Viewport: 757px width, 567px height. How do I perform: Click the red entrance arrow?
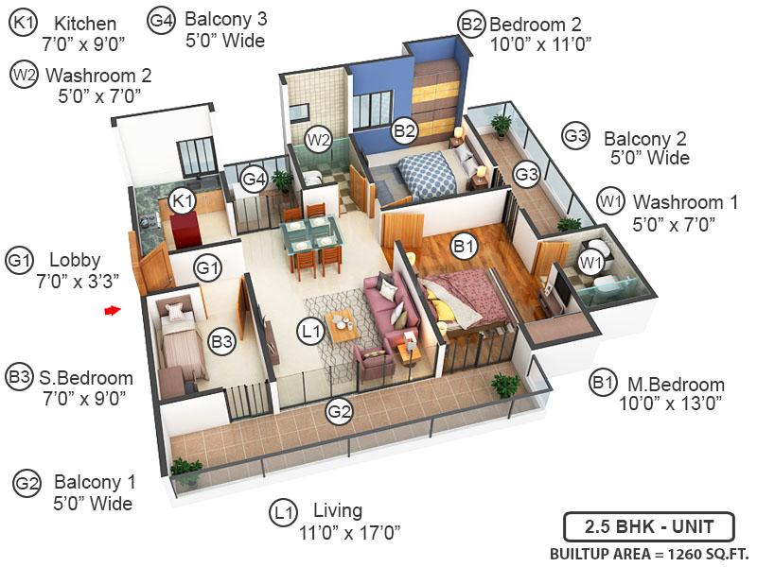pyautogui.click(x=112, y=311)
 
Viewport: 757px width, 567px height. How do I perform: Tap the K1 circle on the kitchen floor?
pyautogui.click(x=183, y=200)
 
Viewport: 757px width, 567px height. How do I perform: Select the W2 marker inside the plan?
pyautogui.click(x=319, y=140)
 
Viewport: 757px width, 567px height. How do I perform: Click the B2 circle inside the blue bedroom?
pyautogui.click(x=404, y=130)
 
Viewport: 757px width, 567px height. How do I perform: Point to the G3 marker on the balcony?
pyautogui.click(x=526, y=174)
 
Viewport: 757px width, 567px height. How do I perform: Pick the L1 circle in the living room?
pyautogui.click(x=311, y=332)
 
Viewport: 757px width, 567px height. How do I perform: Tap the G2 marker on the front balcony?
pyautogui.click(x=339, y=411)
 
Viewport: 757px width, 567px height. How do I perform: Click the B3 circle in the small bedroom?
pyautogui.click(x=222, y=341)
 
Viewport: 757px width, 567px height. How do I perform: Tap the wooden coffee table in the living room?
pyautogui.click(x=343, y=325)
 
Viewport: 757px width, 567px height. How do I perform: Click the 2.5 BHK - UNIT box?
pyautogui.click(x=649, y=527)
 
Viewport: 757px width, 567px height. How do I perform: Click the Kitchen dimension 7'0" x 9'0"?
pyautogui.click(x=83, y=44)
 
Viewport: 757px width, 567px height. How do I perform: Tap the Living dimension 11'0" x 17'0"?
pyautogui.click(x=349, y=533)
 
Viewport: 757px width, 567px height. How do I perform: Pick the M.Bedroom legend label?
pyautogui.click(x=676, y=385)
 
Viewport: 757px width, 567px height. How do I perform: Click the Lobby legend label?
pyautogui.click(x=75, y=260)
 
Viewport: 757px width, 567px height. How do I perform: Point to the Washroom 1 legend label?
pyautogui.click(x=685, y=202)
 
